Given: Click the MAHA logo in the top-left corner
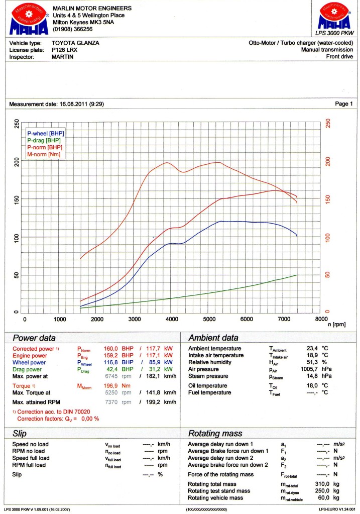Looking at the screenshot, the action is pyautogui.click(x=29, y=19).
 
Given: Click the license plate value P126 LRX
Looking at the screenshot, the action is pyautogui.click(x=65, y=50).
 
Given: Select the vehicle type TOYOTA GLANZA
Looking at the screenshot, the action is pyautogui.click(x=75, y=43).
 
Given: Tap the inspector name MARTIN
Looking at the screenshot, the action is pyautogui.click(x=63, y=57).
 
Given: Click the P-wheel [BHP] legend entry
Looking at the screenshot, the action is pyautogui.click(x=46, y=134).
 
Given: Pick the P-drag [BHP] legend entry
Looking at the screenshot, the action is pyautogui.click(x=44, y=140).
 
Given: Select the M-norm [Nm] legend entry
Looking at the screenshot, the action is pyautogui.click(x=44, y=154).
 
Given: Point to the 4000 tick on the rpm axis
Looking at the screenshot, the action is pyautogui.click(x=172, y=319).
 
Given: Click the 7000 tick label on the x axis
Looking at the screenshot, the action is pyautogui.click(x=284, y=319).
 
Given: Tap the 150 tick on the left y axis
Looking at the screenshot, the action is pyautogui.click(x=17, y=199).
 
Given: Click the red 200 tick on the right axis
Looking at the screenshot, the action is pyautogui.click(x=328, y=161).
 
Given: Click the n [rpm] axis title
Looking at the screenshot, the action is pyautogui.click(x=337, y=325).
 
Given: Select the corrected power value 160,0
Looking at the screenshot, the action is pyautogui.click(x=111, y=349).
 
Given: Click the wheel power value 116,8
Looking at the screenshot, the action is pyautogui.click(x=111, y=362).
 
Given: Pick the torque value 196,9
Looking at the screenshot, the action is pyautogui.click(x=111, y=385).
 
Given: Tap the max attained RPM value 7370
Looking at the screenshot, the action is pyautogui.click(x=111, y=402).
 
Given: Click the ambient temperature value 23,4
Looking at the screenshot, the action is pyautogui.click(x=312, y=348).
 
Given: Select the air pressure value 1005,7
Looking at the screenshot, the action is pyautogui.click(x=309, y=369).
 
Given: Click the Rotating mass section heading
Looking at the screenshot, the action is pyautogui.click(x=215, y=434).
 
